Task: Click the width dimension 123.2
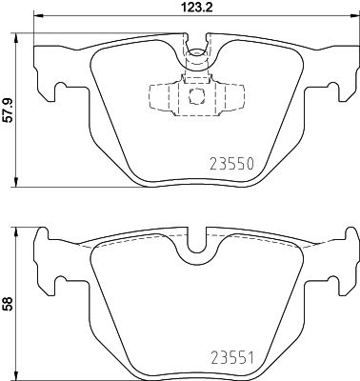click(197, 7)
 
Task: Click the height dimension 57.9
click(8, 110)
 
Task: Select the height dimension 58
click(8, 304)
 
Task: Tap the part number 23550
click(232, 164)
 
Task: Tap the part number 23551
click(232, 359)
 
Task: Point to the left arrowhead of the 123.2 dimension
click(38, 15)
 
